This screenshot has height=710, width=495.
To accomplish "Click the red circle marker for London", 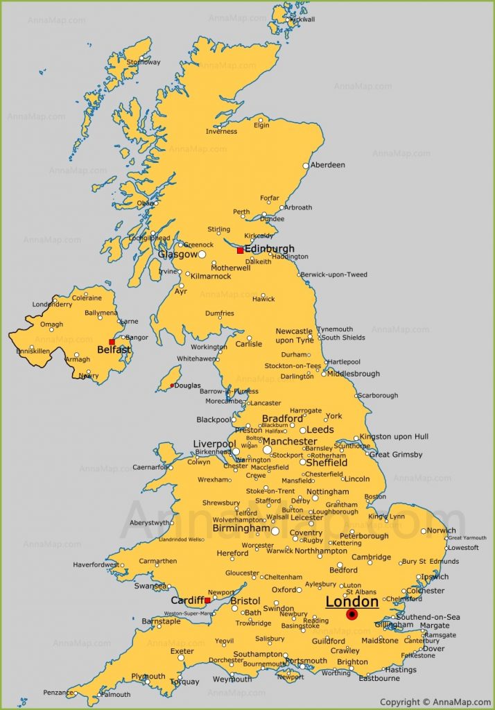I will (x=351, y=614).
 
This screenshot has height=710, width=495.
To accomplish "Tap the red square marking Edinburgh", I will (x=240, y=250).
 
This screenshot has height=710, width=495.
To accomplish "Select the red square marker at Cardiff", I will (x=207, y=600).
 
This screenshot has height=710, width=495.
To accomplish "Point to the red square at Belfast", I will (x=112, y=342).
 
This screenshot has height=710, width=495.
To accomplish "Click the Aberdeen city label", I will (x=327, y=165).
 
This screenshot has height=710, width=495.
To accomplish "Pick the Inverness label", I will (x=221, y=132).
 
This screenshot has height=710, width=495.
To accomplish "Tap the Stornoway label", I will (x=144, y=62).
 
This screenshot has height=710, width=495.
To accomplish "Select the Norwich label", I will (x=442, y=530).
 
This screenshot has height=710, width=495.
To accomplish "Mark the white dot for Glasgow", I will (x=202, y=254).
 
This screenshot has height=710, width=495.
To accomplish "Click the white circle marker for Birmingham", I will (x=275, y=531).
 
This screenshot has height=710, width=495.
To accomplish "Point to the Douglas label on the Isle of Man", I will (x=187, y=386).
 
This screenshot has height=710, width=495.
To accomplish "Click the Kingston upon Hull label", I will (x=394, y=437).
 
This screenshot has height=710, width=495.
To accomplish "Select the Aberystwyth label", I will (x=149, y=523).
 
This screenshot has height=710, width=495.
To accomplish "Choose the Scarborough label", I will (x=378, y=395).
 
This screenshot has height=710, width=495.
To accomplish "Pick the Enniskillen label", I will (x=32, y=351).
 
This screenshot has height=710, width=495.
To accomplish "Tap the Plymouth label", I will (x=148, y=676).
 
